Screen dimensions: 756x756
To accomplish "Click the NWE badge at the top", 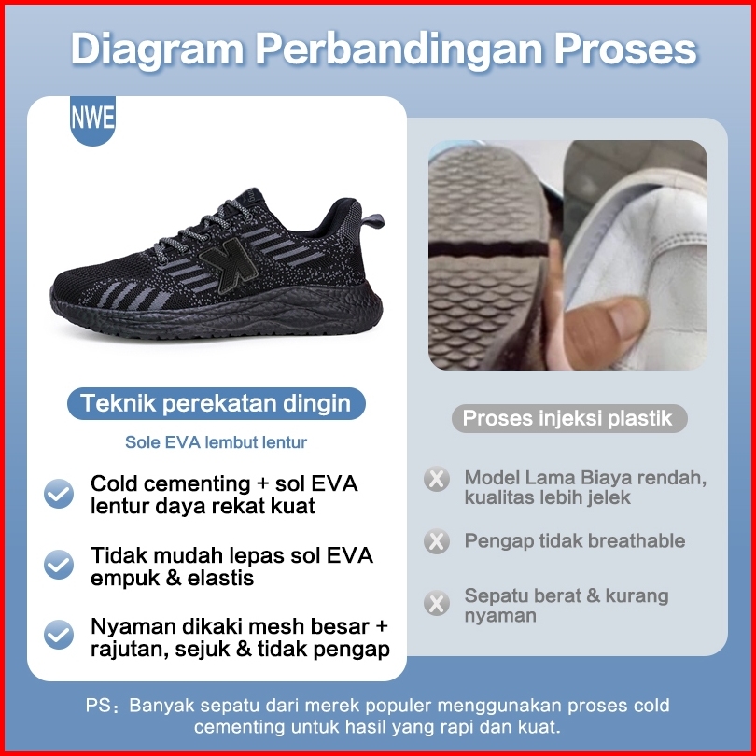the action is click(x=92, y=120).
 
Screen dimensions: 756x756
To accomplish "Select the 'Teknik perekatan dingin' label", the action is click(x=216, y=403).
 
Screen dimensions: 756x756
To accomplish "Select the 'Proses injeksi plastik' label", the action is click(x=569, y=418).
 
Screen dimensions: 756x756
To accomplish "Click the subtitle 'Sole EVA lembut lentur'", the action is click(x=216, y=442).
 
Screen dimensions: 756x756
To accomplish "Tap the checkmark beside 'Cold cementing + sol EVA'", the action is click(x=59, y=494).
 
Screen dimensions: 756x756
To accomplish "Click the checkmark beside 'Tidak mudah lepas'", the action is click(x=59, y=565).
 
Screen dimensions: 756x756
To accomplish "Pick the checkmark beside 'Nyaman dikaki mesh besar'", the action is click(x=59, y=635).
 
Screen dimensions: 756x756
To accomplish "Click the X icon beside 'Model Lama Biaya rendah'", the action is click(x=437, y=479).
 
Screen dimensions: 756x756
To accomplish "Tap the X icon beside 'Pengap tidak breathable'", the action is click(x=437, y=541).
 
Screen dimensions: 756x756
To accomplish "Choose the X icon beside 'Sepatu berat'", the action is click(x=437, y=603).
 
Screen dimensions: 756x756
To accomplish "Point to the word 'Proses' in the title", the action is click(x=625, y=49).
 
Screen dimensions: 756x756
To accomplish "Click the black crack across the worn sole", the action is click(x=488, y=249).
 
